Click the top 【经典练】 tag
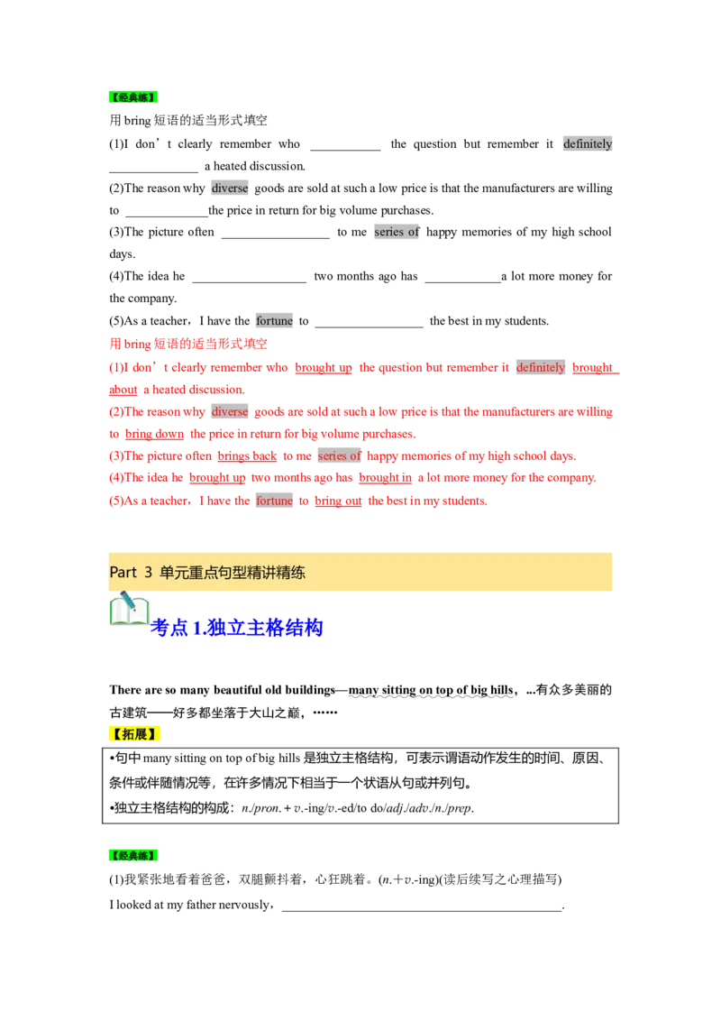tap(132, 98)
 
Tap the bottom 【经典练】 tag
tap(132, 856)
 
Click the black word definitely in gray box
tap(588, 143)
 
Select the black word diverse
tap(230, 189)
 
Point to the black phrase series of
tap(397, 232)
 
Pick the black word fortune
tap(274, 321)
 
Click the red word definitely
tap(541, 367)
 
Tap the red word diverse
tap(230, 411)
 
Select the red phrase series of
tap(339, 456)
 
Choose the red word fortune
tap(274, 501)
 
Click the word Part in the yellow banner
tap(123, 572)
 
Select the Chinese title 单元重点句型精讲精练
tap(233, 572)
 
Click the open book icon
tap(129, 612)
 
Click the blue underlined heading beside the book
tap(237, 628)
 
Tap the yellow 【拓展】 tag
tap(136, 734)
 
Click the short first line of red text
tap(188, 345)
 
